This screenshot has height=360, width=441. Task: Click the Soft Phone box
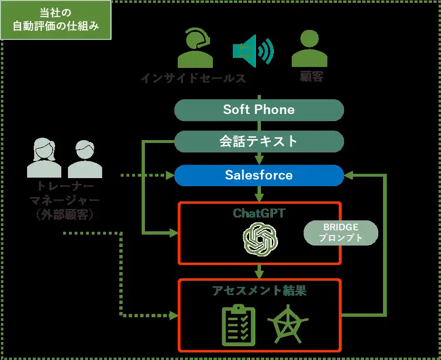coord(259,110)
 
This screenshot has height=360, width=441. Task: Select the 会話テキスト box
coord(259,142)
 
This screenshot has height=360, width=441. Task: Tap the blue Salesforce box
coord(259,175)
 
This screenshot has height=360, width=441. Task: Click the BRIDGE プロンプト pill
coord(340,233)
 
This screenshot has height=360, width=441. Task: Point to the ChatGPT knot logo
coord(259,238)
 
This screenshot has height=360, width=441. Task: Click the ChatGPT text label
coord(259,213)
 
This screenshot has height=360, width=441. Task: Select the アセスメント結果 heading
coord(259,291)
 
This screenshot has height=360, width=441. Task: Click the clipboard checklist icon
coord(239,325)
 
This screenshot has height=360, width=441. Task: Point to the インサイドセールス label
coord(193,78)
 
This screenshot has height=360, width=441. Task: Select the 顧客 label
coord(312,77)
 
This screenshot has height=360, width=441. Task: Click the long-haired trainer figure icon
coord(44,159)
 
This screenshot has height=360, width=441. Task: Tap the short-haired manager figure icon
coord(85,159)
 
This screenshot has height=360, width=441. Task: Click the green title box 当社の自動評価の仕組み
coord(56,19)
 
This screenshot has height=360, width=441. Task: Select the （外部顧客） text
coord(66,215)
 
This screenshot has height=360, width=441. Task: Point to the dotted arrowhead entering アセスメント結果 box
coord(172,315)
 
